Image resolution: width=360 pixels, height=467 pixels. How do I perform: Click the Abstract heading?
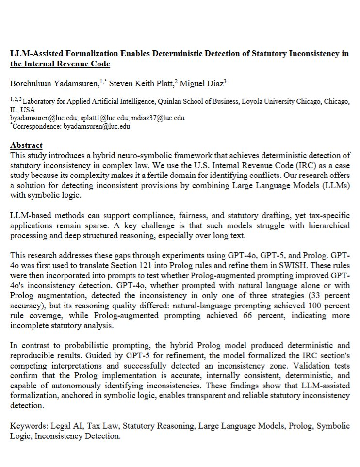(x=26, y=145)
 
